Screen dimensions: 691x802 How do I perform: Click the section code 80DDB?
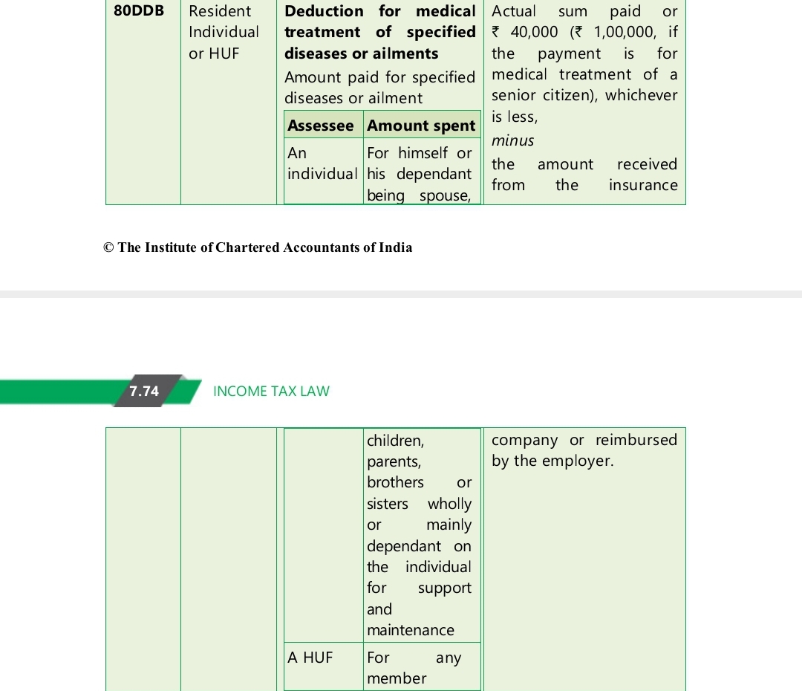(139, 11)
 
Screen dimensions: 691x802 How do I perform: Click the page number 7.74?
(144, 391)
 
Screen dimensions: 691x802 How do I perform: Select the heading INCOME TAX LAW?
(271, 391)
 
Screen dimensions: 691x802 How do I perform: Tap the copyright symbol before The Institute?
(108, 247)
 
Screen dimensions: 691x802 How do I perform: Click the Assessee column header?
(321, 126)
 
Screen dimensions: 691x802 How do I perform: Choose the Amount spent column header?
(421, 126)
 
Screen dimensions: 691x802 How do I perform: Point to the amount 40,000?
(534, 32)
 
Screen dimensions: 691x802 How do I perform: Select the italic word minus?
(512, 140)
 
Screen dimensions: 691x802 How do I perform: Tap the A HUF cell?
(310, 657)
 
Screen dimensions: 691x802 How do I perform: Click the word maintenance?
(411, 630)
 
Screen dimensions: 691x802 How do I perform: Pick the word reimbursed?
(636, 439)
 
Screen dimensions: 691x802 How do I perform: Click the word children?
(395, 441)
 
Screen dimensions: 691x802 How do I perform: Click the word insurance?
(643, 185)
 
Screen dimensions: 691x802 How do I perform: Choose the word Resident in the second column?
(220, 11)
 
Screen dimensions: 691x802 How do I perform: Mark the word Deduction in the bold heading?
(325, 11)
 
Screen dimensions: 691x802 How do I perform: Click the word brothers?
(395, 482)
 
